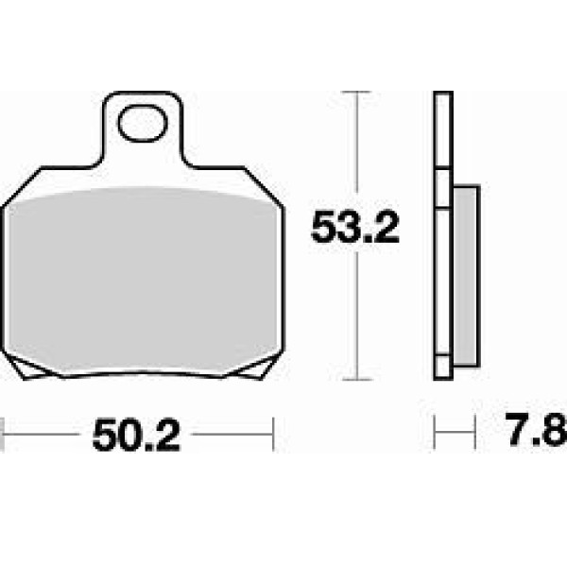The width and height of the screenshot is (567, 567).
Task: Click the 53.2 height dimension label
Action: pos(355,228)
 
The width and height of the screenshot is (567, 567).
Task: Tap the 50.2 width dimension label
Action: pos(136,435)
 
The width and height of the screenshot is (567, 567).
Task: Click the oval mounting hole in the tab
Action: pos(144,123)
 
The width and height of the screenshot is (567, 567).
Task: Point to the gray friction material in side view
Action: pos(467,276)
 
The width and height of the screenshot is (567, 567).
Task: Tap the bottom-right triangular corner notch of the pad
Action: pos(257,369)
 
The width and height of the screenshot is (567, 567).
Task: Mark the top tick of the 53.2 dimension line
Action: pos(357,93)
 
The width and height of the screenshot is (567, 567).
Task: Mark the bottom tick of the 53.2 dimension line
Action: pos(357,380)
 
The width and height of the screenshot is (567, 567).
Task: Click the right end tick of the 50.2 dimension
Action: pos(273,434)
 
